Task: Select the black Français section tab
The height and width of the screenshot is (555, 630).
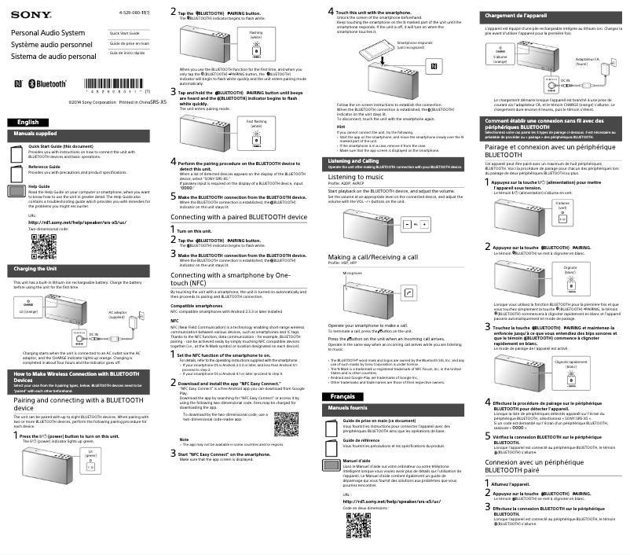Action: click(342, 396)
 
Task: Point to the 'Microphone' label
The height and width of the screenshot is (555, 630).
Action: click(353, 273)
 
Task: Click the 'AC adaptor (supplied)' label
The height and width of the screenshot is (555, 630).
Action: click(116, 314)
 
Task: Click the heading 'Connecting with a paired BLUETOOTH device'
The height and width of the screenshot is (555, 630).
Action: click(238, 215)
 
